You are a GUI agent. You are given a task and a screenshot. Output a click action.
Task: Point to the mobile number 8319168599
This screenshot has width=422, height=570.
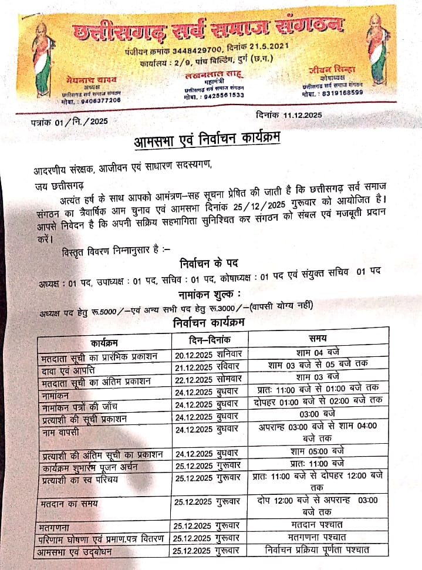340,92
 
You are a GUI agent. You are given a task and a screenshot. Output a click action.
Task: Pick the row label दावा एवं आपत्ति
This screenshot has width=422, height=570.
69,369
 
